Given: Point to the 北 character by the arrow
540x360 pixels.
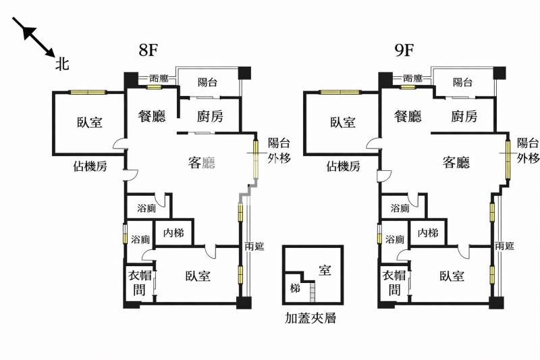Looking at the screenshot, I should tap(62, 64).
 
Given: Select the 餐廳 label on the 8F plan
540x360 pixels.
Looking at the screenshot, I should tap(152, 116).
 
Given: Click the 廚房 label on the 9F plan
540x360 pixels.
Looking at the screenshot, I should tap(465, 116).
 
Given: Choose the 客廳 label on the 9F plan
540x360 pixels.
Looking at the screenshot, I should tap(456, 162).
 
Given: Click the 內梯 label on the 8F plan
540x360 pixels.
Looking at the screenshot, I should tap(173, 233).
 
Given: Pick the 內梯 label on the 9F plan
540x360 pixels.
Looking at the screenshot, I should tap(427, 233).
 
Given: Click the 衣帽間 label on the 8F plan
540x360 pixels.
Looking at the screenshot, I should tap(138, 282).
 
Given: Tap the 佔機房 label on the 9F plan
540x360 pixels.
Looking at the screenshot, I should tap(343, 166).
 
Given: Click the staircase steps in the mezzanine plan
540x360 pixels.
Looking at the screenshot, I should tap(313, 293).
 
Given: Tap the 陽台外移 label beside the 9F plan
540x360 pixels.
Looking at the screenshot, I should tap(528, 151).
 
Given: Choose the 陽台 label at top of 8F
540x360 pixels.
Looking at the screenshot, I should tap(208, 82).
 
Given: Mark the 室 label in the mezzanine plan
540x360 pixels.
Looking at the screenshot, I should tap(325, 271).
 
